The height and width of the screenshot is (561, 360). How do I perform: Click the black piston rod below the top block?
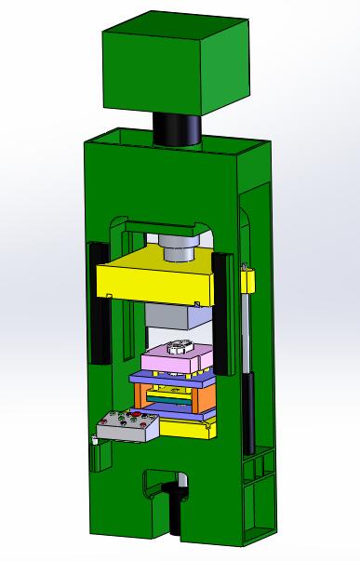point(176,128)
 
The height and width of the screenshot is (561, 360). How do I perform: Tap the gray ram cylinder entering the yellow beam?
point(177,248)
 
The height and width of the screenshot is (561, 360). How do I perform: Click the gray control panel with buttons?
point(128,427)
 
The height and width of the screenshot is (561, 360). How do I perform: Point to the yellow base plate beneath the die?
point(181,428)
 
